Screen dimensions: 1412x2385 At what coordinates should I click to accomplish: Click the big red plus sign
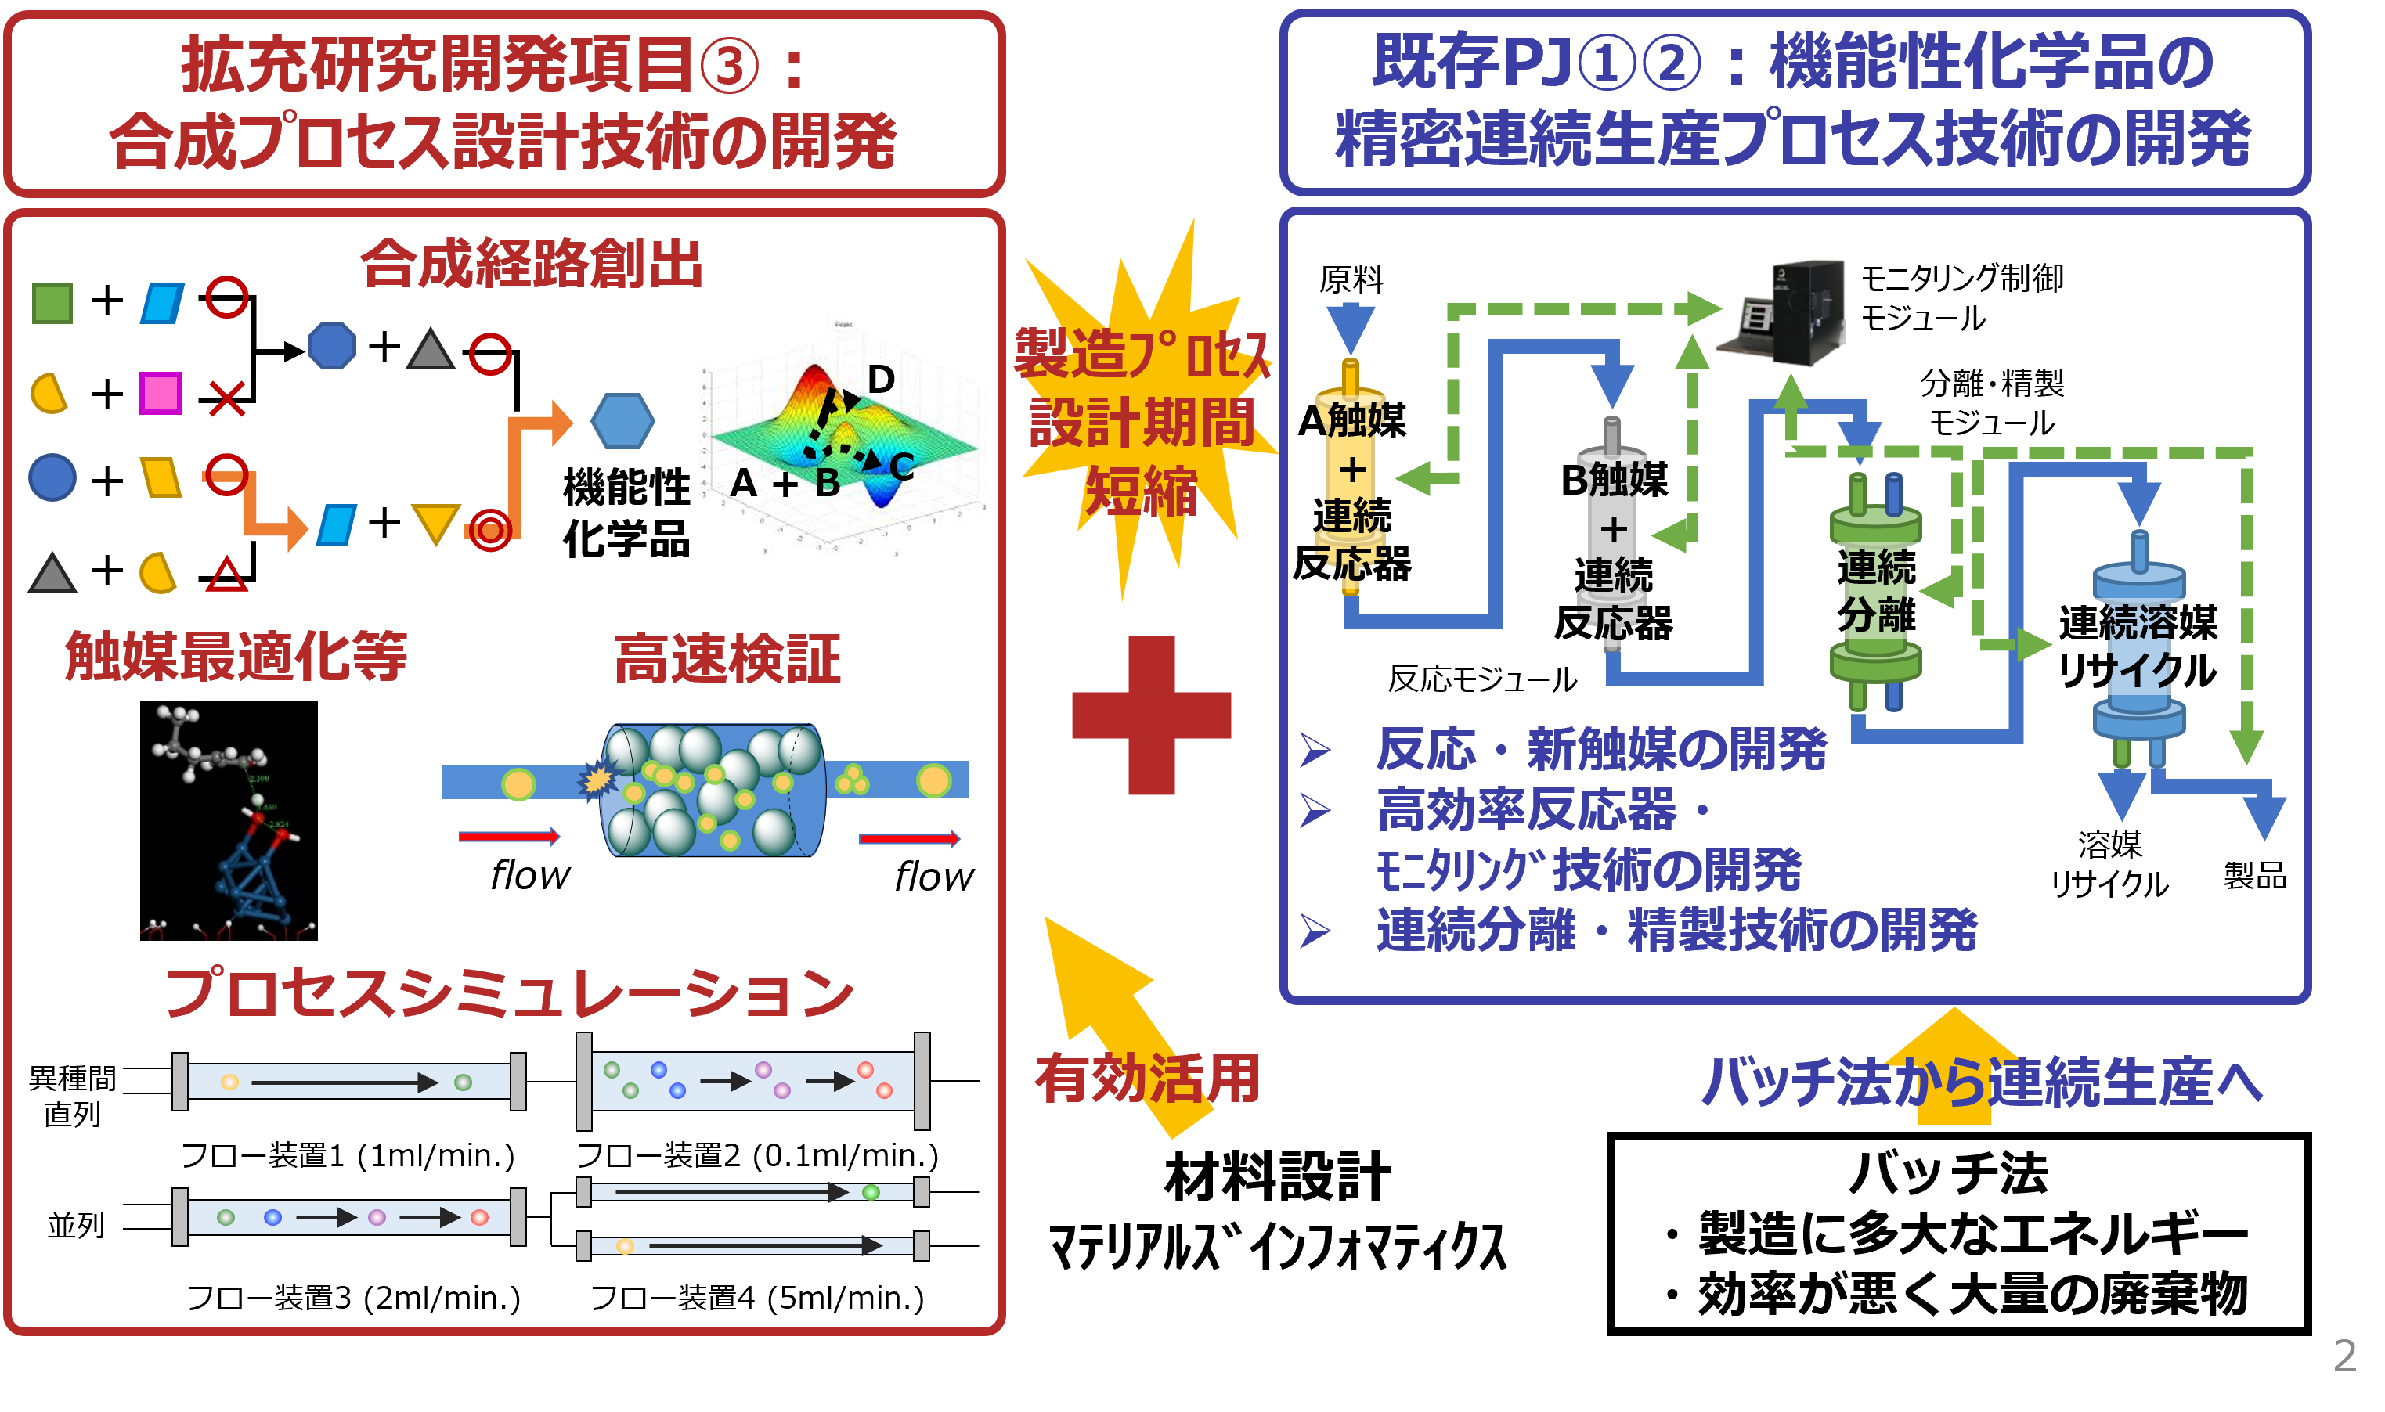point(1151,715)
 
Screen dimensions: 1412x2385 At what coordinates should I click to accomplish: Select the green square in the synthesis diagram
point(52,303)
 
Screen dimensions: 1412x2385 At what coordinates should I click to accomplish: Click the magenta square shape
point(160,393)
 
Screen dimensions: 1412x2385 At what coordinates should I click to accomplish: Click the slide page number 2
point(2344,1356)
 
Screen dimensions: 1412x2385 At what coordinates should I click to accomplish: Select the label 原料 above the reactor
point(1351,279)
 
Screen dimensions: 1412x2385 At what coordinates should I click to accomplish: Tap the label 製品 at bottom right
point(2254,875)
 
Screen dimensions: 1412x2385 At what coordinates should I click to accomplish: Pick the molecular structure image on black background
point(229,820)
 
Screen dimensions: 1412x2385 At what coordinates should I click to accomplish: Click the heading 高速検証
point(727,659)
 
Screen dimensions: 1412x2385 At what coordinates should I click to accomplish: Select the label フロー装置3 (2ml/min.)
point(353,1298)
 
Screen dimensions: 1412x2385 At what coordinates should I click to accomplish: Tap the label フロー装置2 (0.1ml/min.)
point(758,1155)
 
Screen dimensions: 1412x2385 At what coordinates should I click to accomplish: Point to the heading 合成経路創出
point(531,264)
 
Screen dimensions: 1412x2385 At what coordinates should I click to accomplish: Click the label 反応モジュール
point(1482,679)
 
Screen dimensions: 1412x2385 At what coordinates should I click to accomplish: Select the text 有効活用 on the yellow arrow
point(1148,1079)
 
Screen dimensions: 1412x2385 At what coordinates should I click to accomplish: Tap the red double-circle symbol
point(490,529)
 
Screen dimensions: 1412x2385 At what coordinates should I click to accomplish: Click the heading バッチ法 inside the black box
point(1947,1173)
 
